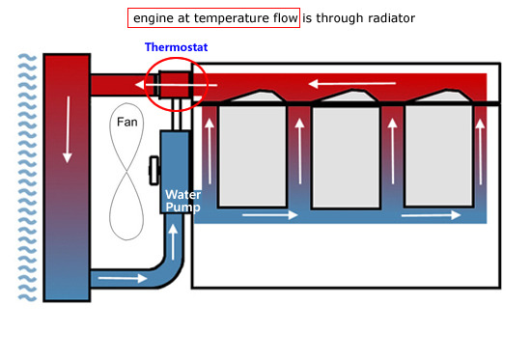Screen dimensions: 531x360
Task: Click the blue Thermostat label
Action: coord(176,47)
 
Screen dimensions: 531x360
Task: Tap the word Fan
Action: coord(127,122)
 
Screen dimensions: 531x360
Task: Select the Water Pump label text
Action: coord(182,201)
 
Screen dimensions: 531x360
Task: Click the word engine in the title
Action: coord(154,19)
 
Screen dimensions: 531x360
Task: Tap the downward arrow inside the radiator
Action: coord(68,129)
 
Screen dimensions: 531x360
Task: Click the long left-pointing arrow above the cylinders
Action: coord(352,83)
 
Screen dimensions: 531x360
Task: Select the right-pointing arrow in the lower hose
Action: coord(123,278)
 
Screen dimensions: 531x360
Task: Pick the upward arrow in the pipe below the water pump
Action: coord(173,242)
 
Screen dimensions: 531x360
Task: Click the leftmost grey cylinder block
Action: coord(252,156)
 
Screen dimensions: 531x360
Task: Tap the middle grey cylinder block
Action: coord(346,157)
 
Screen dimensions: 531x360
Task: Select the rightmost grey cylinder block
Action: coord(439,155)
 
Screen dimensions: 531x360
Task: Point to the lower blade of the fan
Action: coord(126,206)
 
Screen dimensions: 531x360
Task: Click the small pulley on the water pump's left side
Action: coord(154,170)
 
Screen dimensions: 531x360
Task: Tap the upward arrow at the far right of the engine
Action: coord(480,152)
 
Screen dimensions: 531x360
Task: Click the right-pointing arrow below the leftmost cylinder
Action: coord(270,214)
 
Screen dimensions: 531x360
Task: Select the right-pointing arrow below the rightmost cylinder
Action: coord(432,214)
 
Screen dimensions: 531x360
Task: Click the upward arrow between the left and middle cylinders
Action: coord(299,152)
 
